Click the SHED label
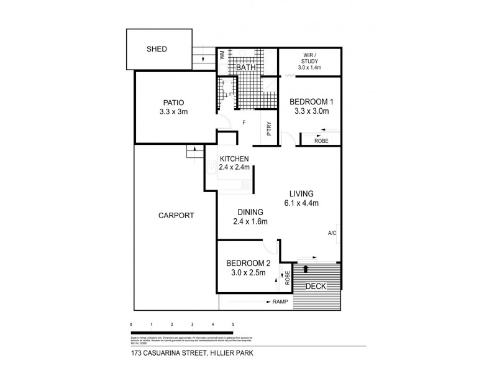(157, 49)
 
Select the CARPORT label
(176, 216)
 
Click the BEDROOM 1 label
(311, 103)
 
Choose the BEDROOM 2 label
(245, 263)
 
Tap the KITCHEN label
(234, 158)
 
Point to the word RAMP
(281, 302)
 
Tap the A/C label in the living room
(332, 234)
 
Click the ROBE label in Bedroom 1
(321, 141)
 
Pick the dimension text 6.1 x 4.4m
(301, 203)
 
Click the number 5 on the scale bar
(233, 325)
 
